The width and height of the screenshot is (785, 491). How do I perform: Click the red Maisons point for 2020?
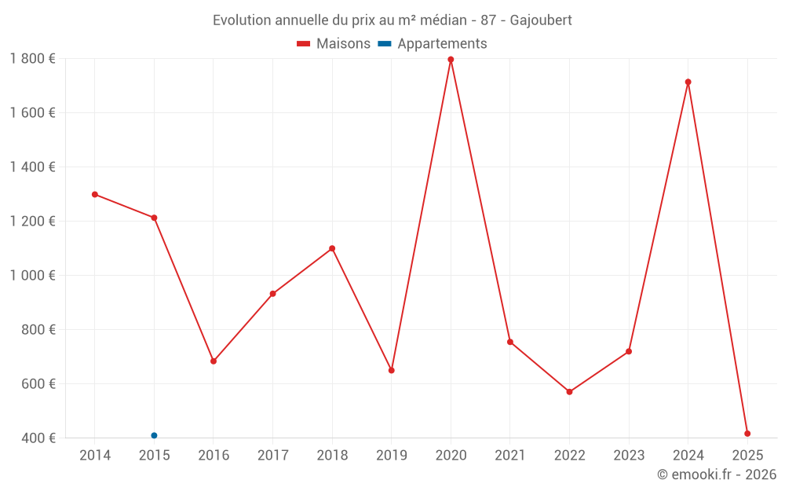tap(451, 60)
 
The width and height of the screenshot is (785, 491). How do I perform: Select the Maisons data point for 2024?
tap(688, 82)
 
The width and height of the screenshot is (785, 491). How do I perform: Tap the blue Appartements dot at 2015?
tap(154, 435)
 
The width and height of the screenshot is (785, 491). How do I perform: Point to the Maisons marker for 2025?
tap(747, 434)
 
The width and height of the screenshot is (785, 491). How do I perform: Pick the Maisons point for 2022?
tap(569, 392)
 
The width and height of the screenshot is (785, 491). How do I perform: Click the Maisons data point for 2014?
tap(95, 194)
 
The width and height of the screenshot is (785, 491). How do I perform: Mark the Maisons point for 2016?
tap(214, 361)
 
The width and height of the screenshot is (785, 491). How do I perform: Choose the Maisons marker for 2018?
tap(332, 248)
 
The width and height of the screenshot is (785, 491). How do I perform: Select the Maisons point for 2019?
tap(391, 370)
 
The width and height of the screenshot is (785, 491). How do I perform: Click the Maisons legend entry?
tap(334, 44)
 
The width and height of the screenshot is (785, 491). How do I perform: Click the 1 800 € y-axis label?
tap(32, 59)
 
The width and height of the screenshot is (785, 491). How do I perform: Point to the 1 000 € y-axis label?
tap(32, 276)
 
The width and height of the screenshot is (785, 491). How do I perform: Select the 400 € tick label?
tap(38, 438)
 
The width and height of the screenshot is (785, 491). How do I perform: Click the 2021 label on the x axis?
tap(510, 456)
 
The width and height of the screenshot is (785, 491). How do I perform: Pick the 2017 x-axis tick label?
tap(272, 456)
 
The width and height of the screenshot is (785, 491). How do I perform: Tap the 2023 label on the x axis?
tap(629, 456)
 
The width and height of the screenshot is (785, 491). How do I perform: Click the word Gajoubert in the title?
tap(541, 20)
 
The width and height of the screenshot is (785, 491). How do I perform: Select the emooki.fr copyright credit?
tap(717, 475)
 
